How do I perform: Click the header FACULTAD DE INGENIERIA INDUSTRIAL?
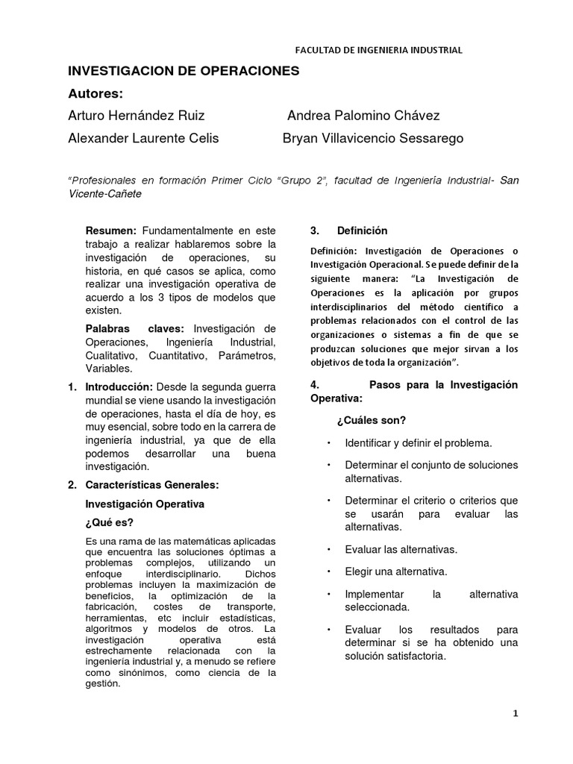(x=379, y=50)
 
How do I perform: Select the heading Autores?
(x=95, y=93)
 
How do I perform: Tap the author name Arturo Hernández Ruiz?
(x=136, y=116)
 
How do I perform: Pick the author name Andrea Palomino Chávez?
(x=363, y=116)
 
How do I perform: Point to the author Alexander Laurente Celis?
(x=143, y=138)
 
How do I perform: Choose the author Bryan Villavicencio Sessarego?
(x=373, y=138)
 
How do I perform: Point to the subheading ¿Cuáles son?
(x=371, y=420)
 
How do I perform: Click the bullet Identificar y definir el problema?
(x=418, y=442)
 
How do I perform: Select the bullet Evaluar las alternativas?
(x=401, y=549)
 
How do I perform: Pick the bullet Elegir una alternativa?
(x=395, y=572)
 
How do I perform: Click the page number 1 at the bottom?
(x=515, y=713)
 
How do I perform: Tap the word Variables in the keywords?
(x=109, y=369)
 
